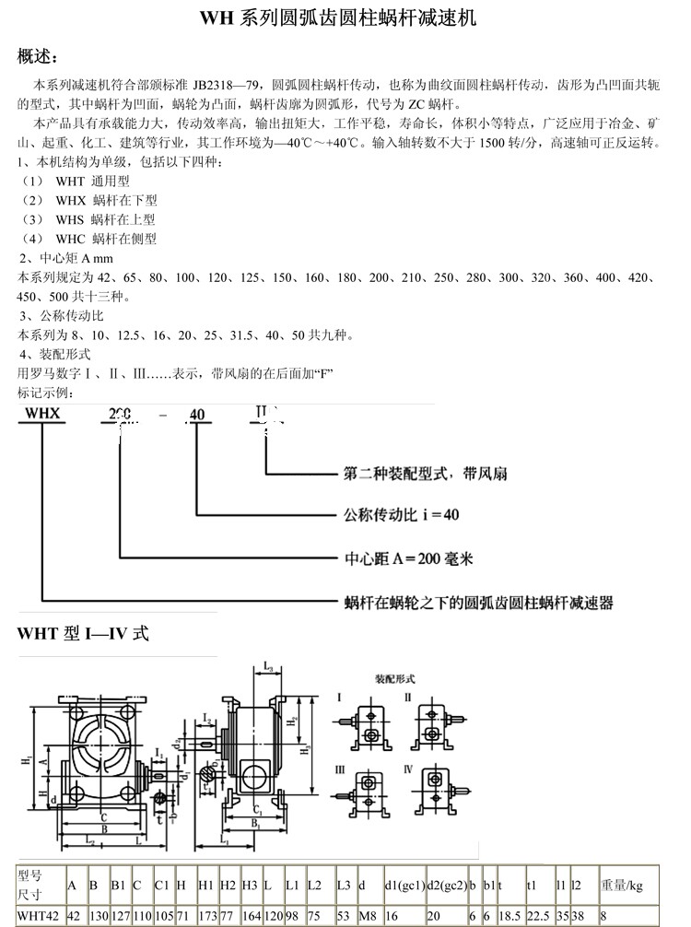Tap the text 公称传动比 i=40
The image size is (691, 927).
[x=401, y=514]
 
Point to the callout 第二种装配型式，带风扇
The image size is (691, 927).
[x=425, y=474]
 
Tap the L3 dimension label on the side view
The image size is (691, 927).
[x=265, y=664]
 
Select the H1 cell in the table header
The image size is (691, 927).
[x=206, y=885]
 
